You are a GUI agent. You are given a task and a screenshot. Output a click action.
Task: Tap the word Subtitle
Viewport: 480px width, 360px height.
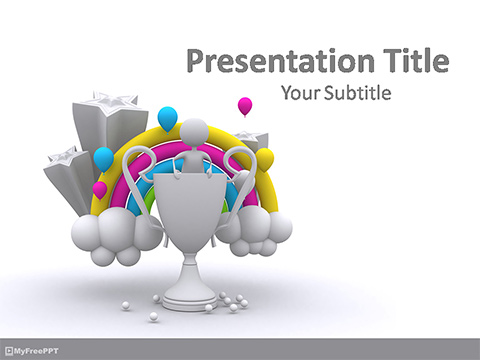coord(358,94)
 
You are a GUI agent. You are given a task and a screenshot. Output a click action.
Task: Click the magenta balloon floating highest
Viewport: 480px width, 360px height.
coord(245,105)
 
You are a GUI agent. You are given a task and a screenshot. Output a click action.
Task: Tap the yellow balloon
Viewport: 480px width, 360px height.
coord(264,158)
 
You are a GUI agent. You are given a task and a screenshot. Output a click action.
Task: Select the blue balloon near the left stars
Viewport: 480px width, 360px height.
coord(103,158)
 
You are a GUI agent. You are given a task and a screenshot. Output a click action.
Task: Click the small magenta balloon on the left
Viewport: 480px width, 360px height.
coord(100,188)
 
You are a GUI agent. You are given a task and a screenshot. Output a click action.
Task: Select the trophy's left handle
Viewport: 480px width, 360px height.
coord(145,180)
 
